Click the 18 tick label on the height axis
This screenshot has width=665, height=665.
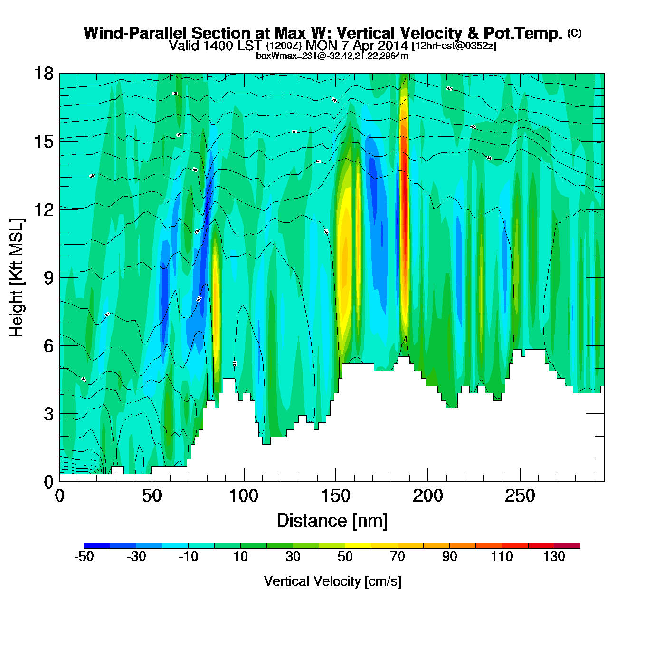pyautogui.click(x=43, y=74)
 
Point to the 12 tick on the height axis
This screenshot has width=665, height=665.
pyautogui.click(x=43, y=209)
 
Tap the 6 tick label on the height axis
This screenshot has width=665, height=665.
pyautogui.click(x=48, y=346)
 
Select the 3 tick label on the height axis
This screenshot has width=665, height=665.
pyautogui.click(x=48, y=414)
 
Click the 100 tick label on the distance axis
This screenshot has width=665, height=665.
pyautogui.click(x=244, y=496)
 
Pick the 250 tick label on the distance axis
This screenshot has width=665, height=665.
pyautogui.click(x=520, y=496)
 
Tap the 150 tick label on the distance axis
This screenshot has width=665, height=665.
pyautogui.click(x=336, y=496)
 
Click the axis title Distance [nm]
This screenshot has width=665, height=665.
pyautogui.click(x=332, y=521)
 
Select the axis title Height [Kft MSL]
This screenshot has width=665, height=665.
pyautogui.click(x=17, y=278)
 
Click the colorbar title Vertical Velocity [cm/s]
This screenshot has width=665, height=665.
pyautogui.click(x=332, y=581)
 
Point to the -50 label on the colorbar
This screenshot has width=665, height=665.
pyautogui.click(x=84, y=557)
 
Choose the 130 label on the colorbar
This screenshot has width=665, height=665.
pyautogui.click(x=554, y=557)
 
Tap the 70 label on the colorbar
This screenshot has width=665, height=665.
pyautogui.click(x=398, y=557)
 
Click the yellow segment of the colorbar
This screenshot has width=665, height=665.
pyautogui.click(x=358, y=546)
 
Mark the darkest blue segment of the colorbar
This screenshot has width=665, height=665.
pyautogui.click(x=97, y=546)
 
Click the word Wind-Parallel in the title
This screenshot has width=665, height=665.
pyautogui.click(x=136, y=34)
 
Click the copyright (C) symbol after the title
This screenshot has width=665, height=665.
pyautogui.click(x=574, y=33)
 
